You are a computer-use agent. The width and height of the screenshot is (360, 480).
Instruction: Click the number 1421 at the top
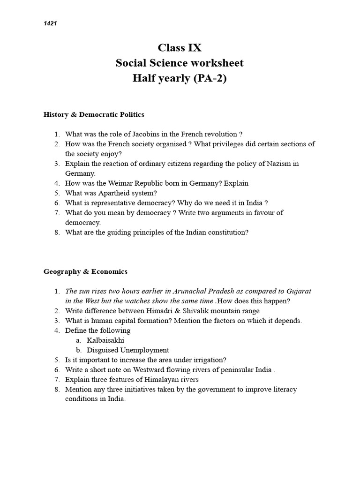pos(51,23)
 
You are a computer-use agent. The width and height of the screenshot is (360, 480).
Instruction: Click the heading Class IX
pos(180,47)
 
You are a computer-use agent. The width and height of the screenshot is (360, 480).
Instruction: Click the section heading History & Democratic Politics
pos(94,114)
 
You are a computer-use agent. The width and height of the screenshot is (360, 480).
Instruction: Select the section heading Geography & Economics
pos(85,271)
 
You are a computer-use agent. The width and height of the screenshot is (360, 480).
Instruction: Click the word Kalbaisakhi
pos(105,340)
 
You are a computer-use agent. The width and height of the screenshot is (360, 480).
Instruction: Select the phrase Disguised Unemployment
pos(128,350)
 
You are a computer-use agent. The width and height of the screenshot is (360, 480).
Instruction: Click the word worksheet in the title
pos(216,63)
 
